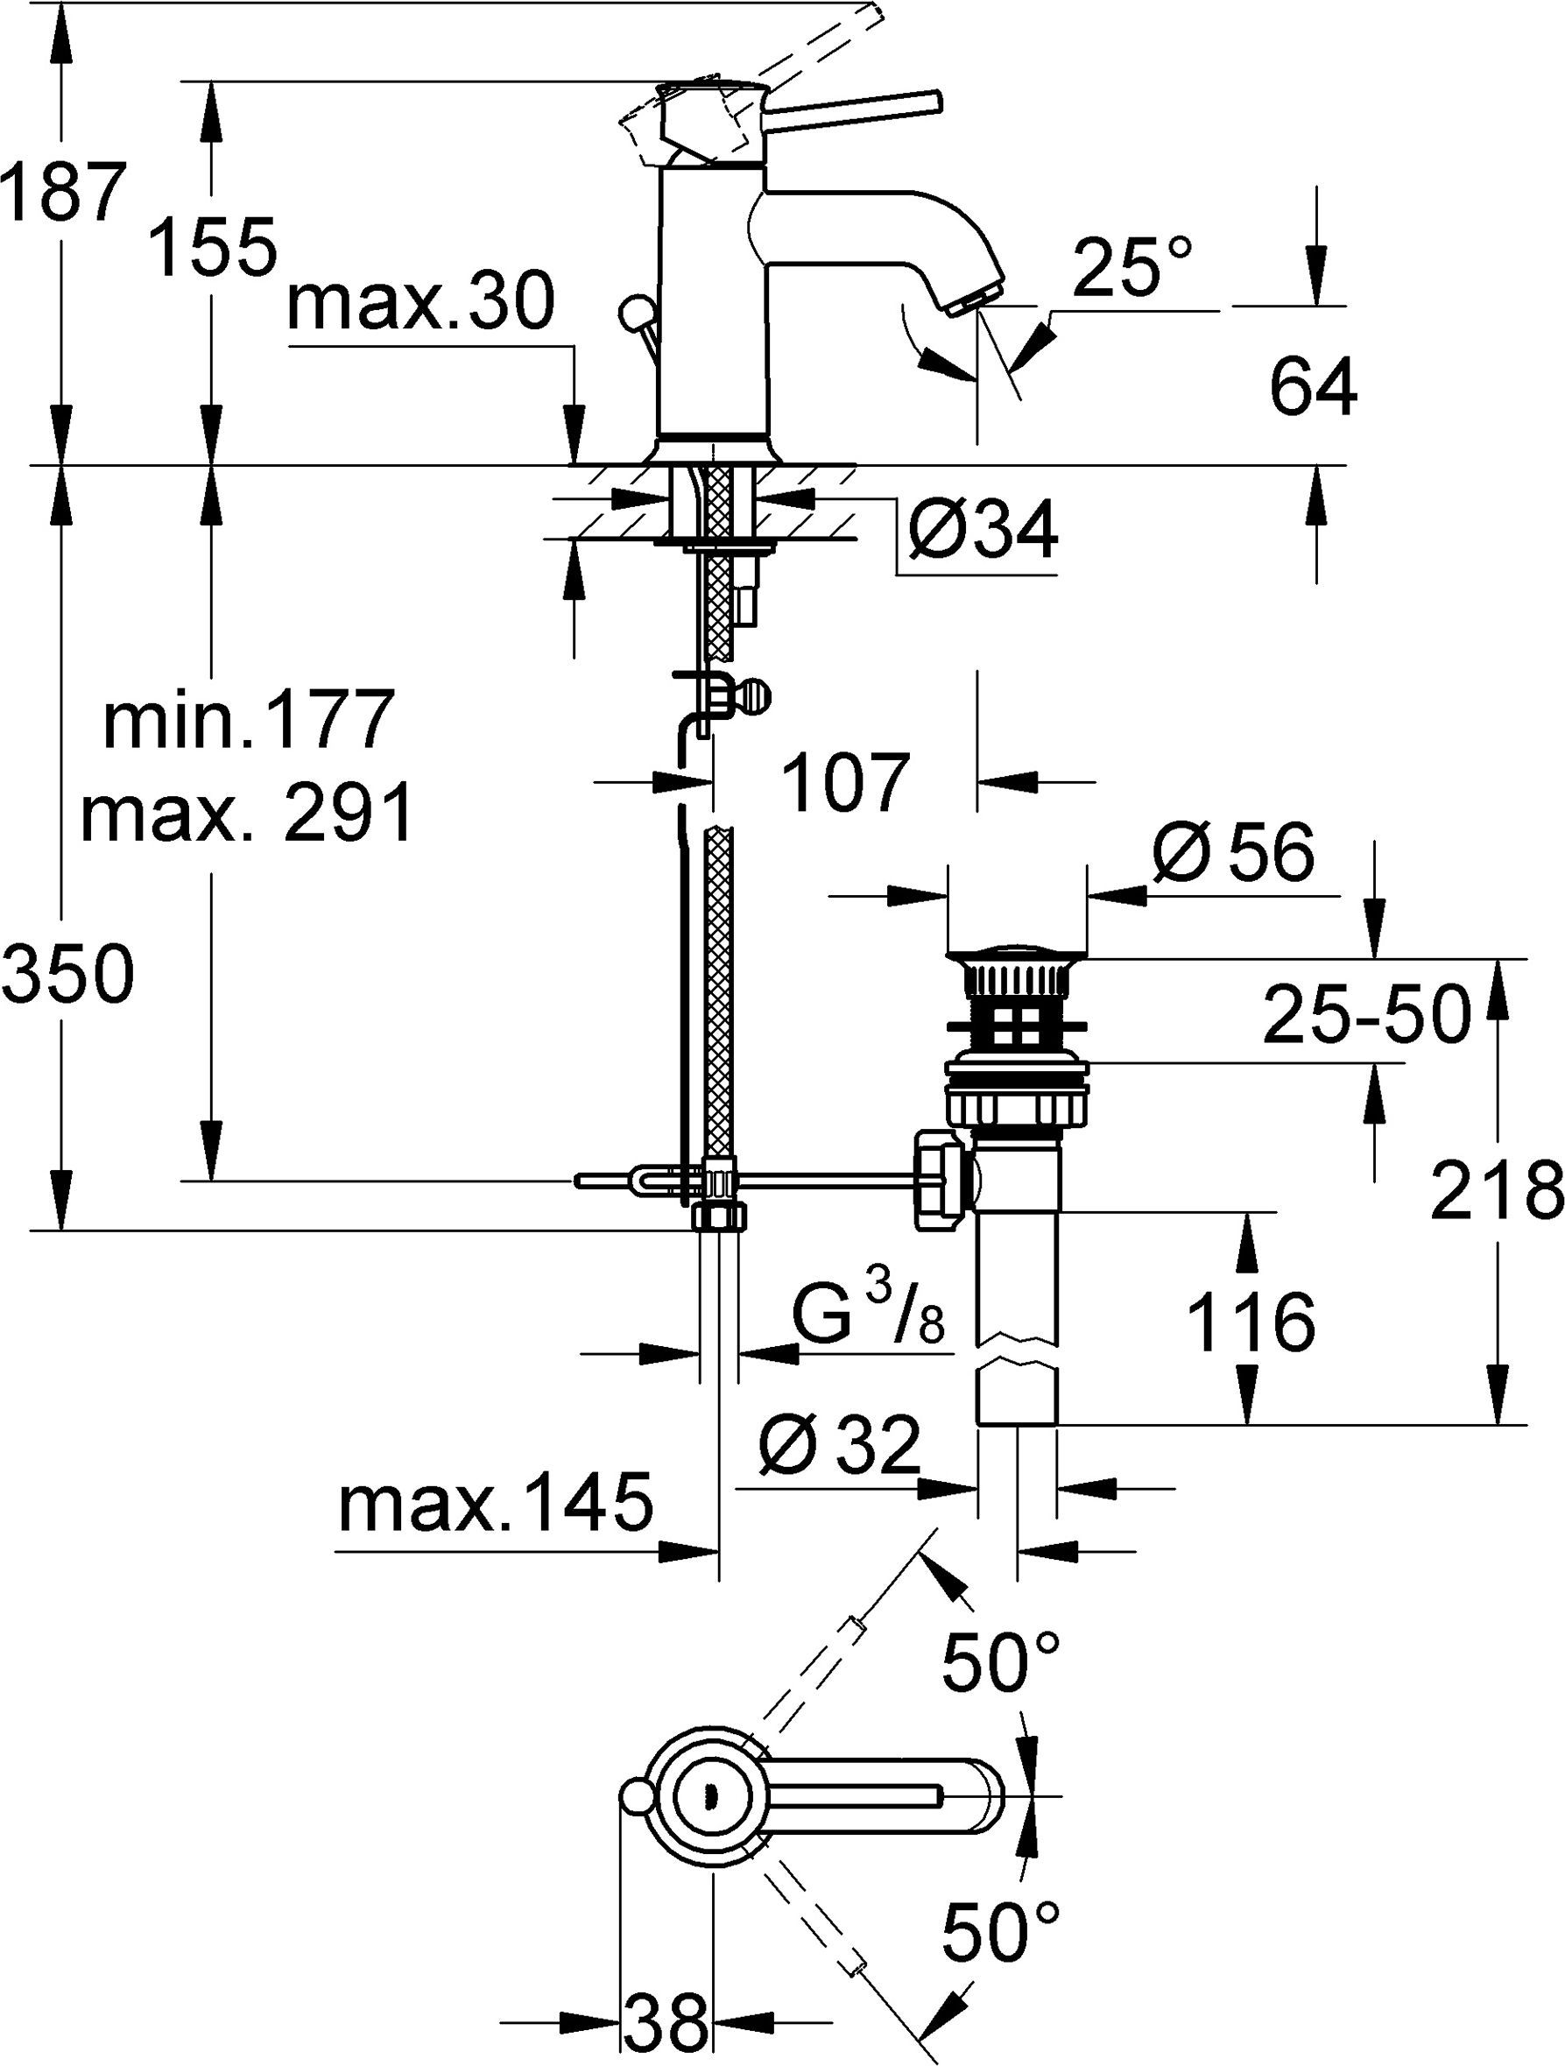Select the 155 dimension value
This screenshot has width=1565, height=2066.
pyautogui.click(x=214, y=248)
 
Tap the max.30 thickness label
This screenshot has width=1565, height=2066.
pyautogui.click(x=421, y=305)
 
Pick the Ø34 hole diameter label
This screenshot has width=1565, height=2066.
pyautogui.click(x=983, y=531)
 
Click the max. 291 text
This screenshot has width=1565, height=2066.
pyautogui.click(x=245, y=813)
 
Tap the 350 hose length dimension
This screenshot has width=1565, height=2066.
pyautogui.click(x=67, y=974)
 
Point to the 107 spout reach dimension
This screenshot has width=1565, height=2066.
pyautogui.click(x=846, y=783)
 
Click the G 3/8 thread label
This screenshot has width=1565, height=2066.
pyautogui.click(x=869, y=1317)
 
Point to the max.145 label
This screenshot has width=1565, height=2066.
pyautogui.click(x=495, y=1505)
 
